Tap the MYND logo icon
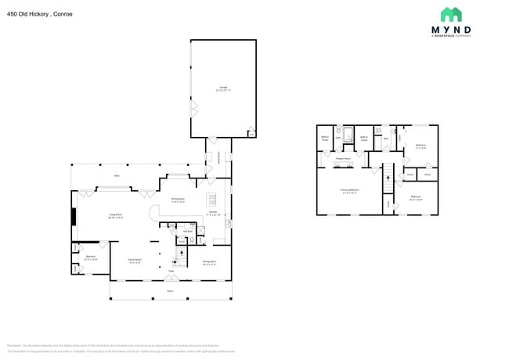(450, 15)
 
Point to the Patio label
(117, 175)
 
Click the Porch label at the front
(170, 291)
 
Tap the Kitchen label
(212, 211)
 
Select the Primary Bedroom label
(349, 190)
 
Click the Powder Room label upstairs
(342, 158)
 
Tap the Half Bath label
(188, 231)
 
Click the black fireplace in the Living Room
(74, 216)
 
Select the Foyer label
(170, 271)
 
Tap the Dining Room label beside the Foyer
(209, 262)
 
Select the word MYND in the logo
(450, 32)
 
